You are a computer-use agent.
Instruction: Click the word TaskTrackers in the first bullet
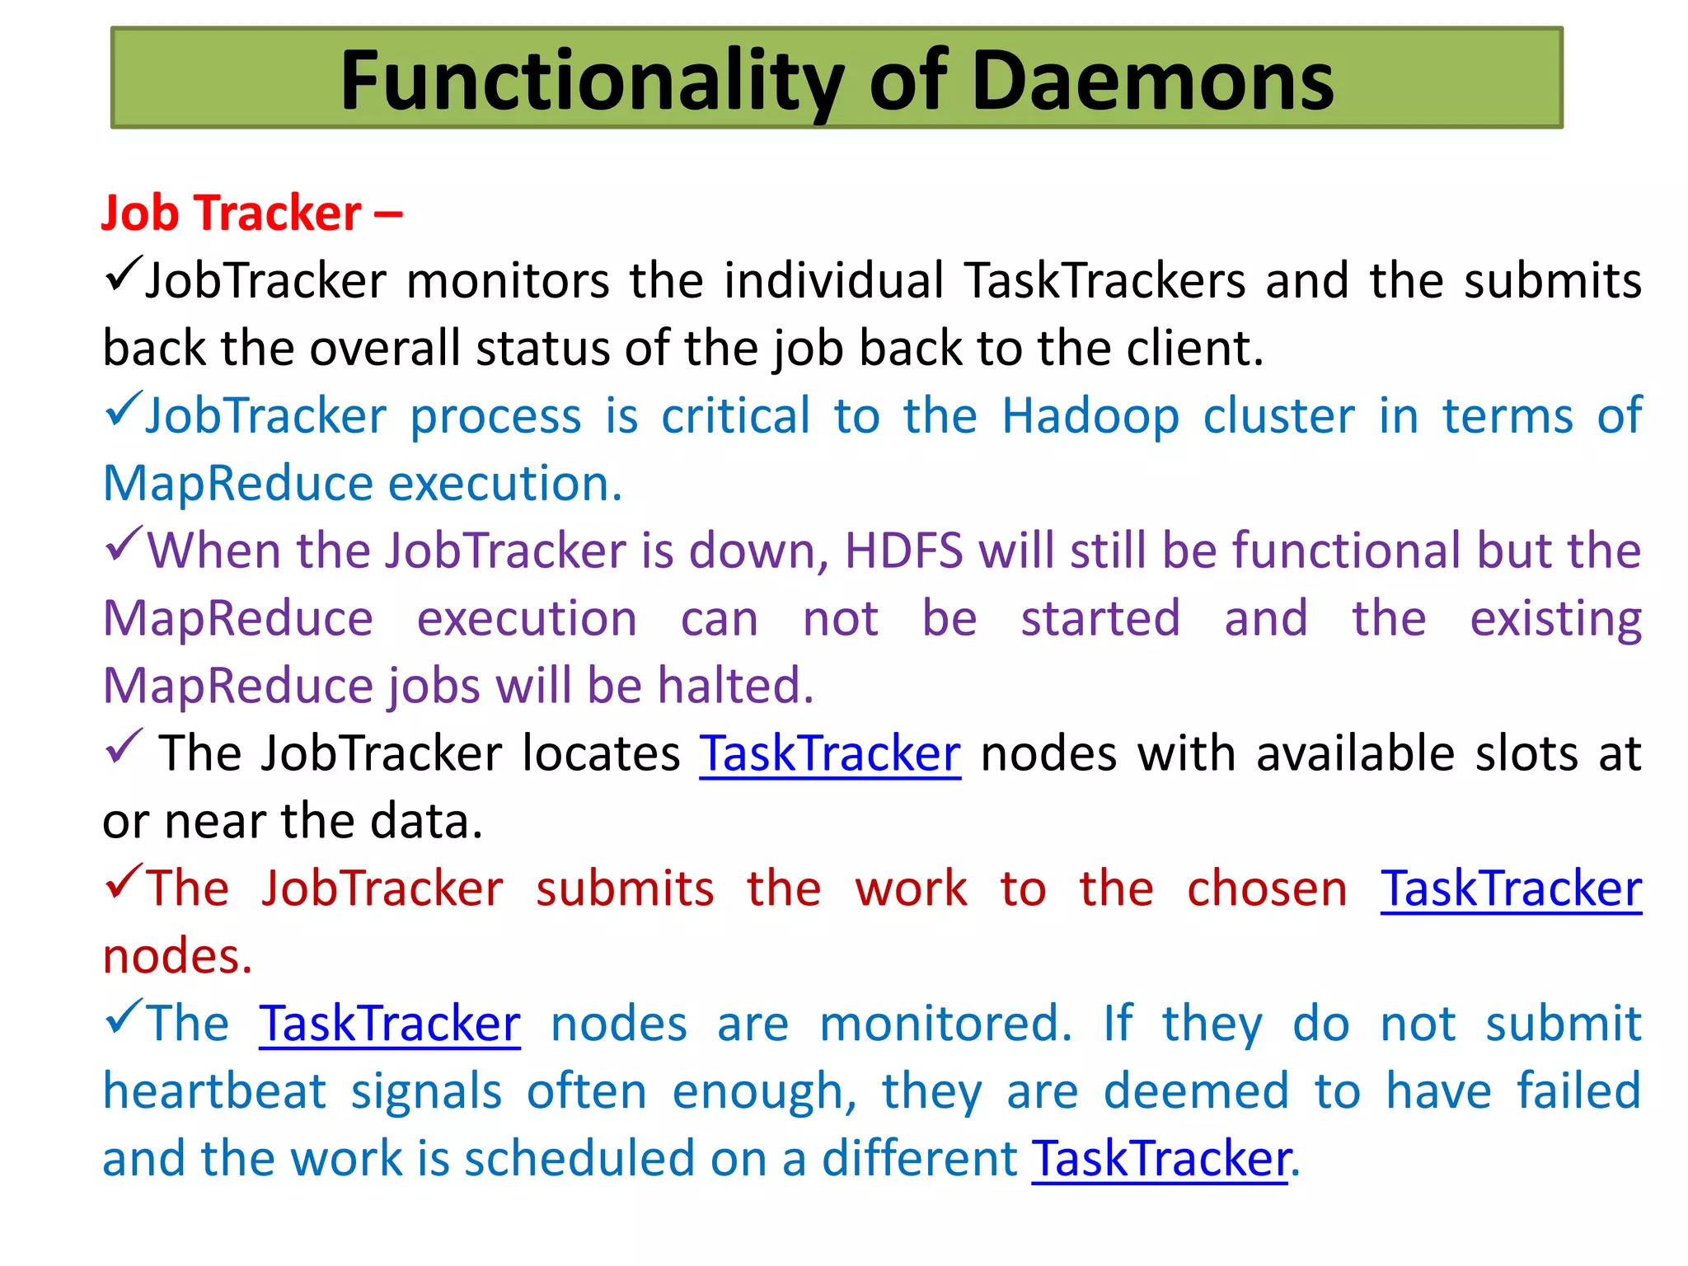(1104, 280)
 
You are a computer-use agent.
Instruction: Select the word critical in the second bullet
(736, 415)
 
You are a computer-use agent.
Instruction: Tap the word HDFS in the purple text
(904, 551)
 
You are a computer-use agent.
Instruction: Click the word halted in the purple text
(734, 686)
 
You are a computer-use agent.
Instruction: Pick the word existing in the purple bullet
(1555, 618)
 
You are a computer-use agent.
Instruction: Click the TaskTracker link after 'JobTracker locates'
(830, 753)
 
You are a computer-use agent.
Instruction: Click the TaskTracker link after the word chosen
(1511, 889)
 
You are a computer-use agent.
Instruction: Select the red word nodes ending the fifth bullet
(176, 956)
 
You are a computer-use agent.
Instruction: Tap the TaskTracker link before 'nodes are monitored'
(389, 1024)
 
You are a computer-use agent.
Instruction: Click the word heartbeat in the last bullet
(214, 1091)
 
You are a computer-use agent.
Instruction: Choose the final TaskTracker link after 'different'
(1160, 1159)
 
